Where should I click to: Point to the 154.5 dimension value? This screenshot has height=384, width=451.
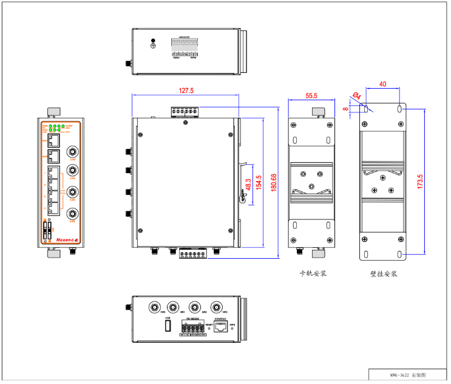coord(259,183)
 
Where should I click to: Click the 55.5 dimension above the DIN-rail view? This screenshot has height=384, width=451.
coord(311,95)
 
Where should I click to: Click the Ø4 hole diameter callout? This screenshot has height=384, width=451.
coord(357,95)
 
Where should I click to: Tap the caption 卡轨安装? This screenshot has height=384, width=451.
coord(313,273)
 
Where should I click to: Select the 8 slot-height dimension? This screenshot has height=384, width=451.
coord(346,109)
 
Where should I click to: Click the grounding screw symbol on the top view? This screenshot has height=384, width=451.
coord(153,44)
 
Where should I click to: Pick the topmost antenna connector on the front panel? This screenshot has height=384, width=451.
coord(72,151)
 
